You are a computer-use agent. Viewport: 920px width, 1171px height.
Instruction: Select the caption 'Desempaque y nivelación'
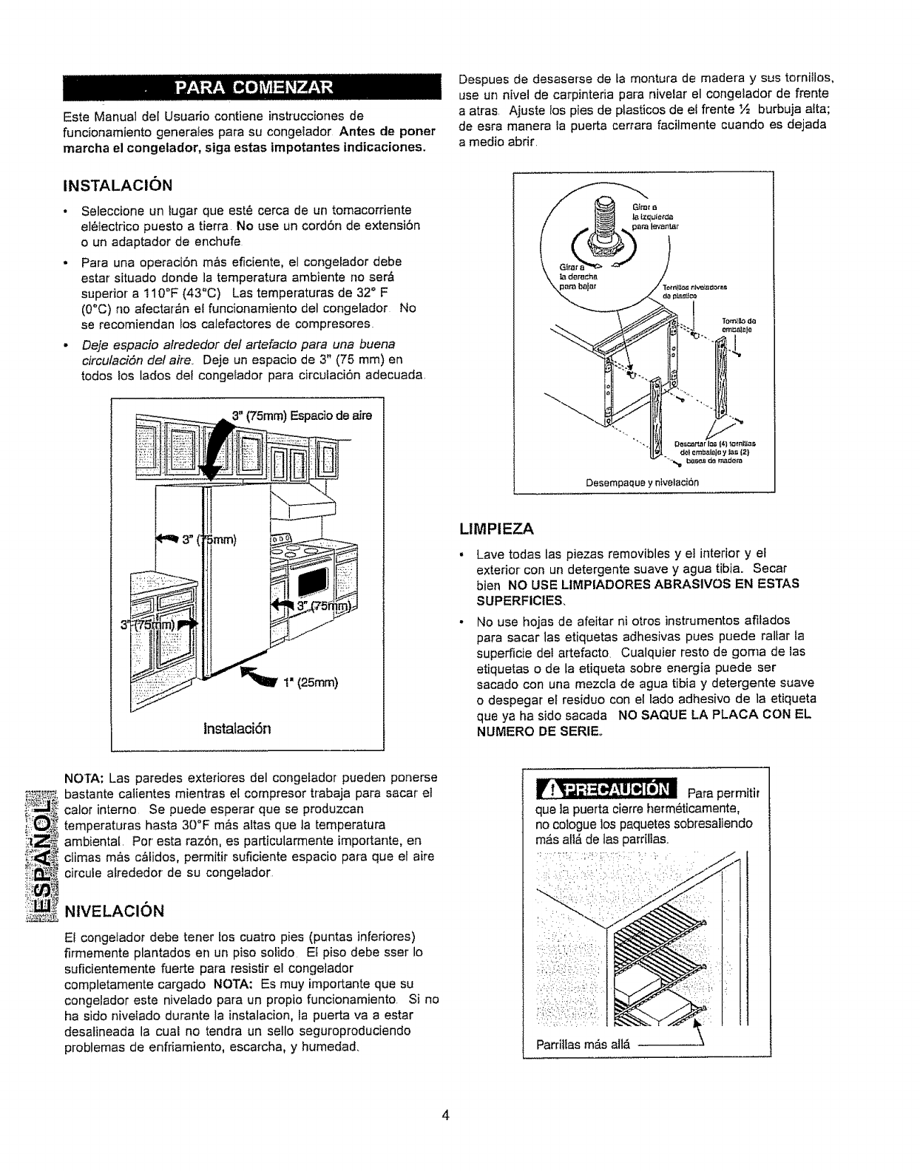(x=642, y=482)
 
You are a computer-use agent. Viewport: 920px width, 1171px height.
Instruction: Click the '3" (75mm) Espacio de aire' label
(x=302, y=415)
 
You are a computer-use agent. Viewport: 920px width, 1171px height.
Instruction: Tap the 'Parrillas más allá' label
(x=583, y=1045)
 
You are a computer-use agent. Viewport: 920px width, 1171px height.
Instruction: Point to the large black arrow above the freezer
(x=217, y=447)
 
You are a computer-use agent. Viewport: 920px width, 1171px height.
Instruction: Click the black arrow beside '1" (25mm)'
(x=257, y=673)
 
